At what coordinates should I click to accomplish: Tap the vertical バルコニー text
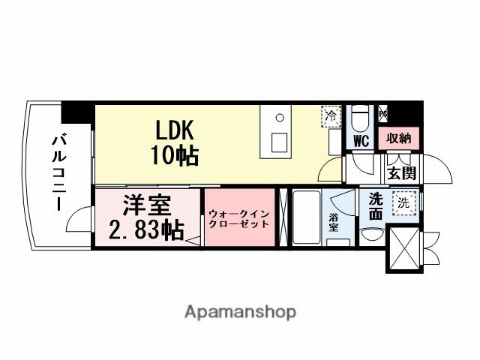[57, 172]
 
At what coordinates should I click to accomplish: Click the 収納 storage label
[398, 138]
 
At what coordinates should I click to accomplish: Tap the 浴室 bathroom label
[334, 223]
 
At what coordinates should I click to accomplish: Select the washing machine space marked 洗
[404, 202]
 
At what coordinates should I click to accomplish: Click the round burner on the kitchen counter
[279, 118]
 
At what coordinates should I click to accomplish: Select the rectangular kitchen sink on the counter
[278, 142]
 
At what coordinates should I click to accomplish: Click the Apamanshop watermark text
[240, 310]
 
